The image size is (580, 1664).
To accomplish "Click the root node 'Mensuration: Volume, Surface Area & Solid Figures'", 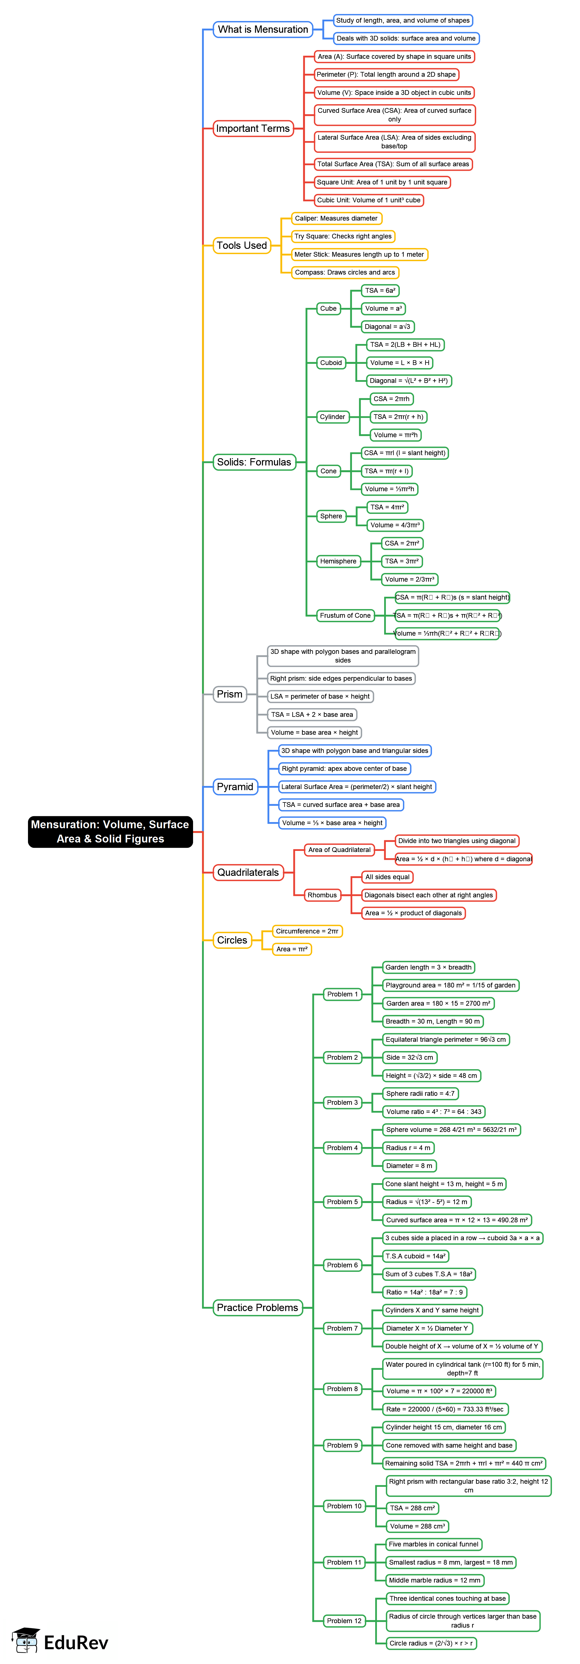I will (x=110, y=831).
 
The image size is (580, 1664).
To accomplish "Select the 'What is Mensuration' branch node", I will (x=263, y=29).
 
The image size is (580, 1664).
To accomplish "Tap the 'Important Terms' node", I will (x=253, y=128).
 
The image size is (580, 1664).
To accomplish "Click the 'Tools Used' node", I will (x=241, y=245).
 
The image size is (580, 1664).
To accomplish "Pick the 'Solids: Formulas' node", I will (x=254, y=462).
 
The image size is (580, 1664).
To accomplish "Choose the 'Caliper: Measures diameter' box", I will (x=336, y=218).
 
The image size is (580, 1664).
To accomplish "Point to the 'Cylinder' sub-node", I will (x=333, y=417).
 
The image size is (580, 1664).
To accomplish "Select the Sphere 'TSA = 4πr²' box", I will (x=387, y=507).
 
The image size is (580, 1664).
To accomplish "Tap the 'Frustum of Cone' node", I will (x=345, y=615).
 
